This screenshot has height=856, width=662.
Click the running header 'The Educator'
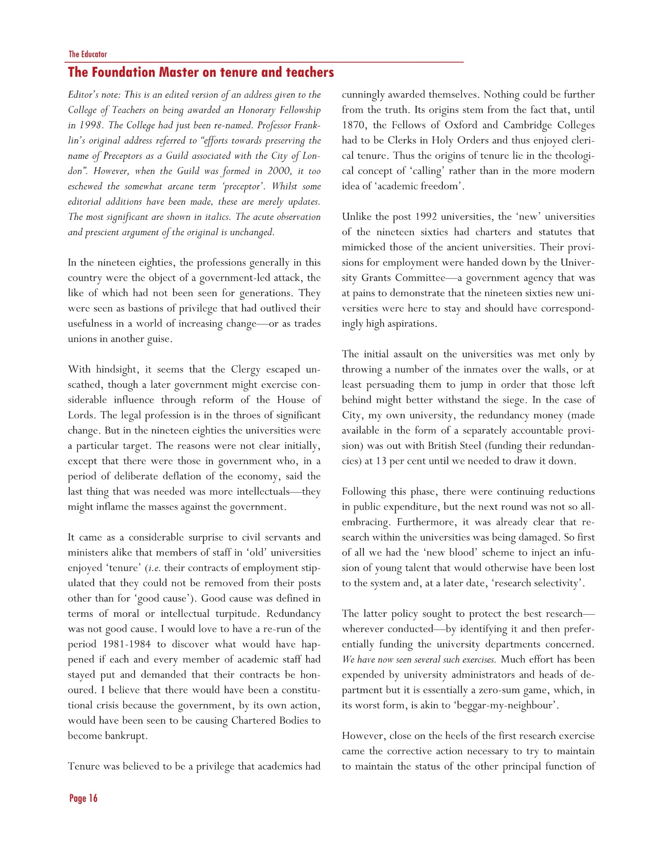coord(88,54)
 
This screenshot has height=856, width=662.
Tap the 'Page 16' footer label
coord(83,798)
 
